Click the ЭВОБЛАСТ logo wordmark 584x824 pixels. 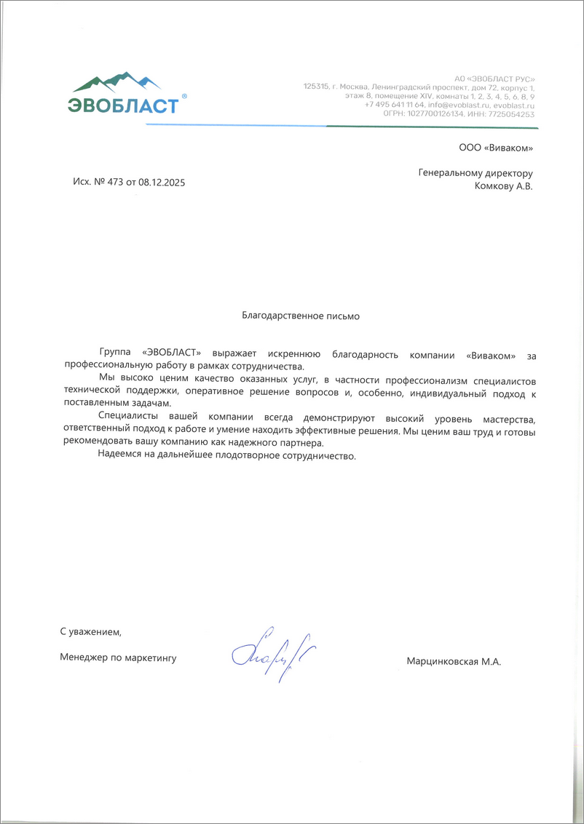124,105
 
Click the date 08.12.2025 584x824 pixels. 162,183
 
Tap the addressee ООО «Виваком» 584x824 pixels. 496,148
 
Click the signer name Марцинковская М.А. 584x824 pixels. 454,661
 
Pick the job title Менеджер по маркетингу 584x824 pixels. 119,657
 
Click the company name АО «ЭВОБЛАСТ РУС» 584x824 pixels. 494,78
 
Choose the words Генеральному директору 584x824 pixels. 476,173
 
